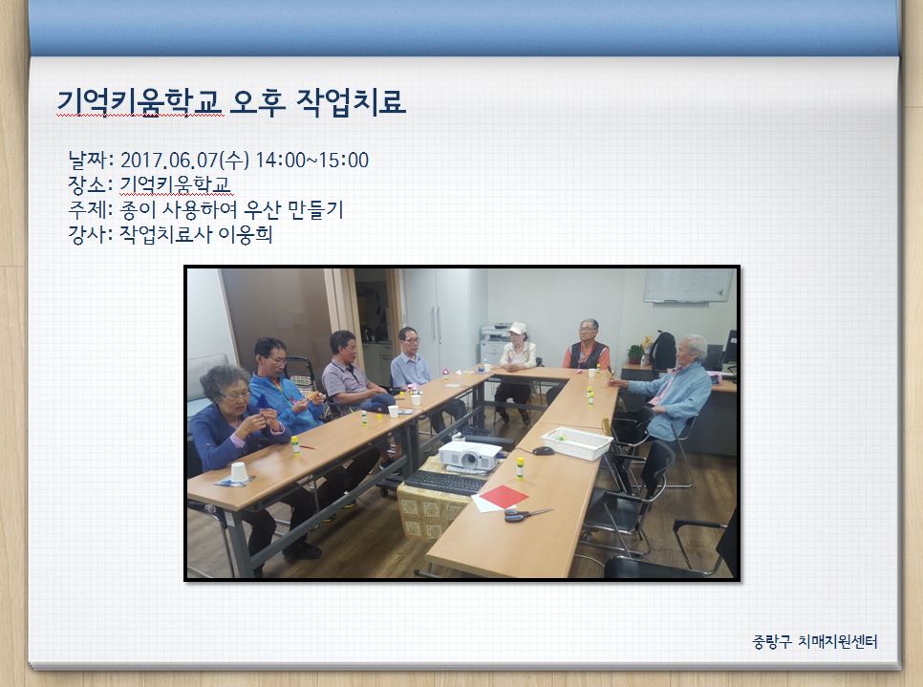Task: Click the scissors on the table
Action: coord(526,514)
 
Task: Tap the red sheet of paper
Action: coord(504,496)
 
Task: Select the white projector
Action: coord(469,456)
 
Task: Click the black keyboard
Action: coord(445,483)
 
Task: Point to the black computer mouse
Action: coord(542,451)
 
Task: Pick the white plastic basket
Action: coord(577,443)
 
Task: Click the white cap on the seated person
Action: coord(518,328)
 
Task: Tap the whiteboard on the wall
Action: coord(689,286)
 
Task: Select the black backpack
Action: coord(663,351)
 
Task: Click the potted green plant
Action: coord(635,354)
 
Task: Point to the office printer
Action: coord(495,343)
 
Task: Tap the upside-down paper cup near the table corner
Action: coord(239,472)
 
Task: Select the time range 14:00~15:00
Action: coord(312,161)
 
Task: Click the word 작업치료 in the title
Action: coord(351,102)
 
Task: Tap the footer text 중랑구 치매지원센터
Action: coord(815,641)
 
